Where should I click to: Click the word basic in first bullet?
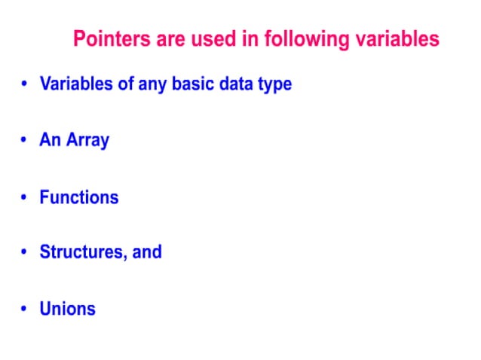pos(193,84)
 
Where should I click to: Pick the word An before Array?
pos(51,140)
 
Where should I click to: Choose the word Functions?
pos(79,197)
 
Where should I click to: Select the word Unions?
pos(68,308)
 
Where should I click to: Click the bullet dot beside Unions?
pos(25,309)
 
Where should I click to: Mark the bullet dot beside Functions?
pos(25,197)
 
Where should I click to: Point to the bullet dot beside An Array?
pos(25,141)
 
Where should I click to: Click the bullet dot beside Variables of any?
pos(25,84)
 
